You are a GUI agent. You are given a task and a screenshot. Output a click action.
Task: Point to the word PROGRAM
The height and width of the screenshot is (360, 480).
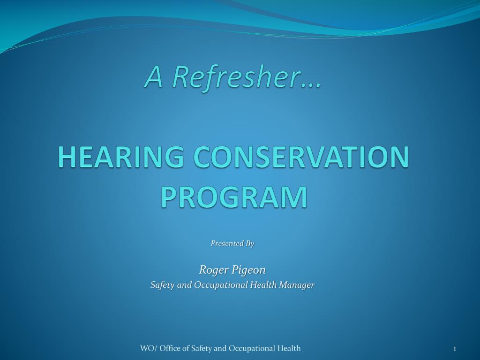point(234,197)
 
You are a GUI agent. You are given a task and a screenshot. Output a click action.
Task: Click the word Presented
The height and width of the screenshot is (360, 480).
point(227,243)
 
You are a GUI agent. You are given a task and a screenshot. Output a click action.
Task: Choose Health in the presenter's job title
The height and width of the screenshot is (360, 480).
point(264,285)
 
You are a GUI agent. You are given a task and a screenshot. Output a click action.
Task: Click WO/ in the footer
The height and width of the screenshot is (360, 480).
point(147,348)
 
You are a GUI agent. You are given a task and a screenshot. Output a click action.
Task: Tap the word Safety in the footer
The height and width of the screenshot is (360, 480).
point(202,348)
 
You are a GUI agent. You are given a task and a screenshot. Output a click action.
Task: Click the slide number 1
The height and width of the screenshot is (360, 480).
point(455,348)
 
